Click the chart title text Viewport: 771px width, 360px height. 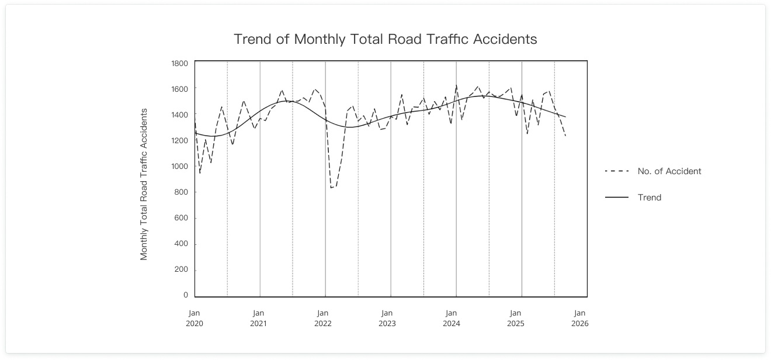pos(385,39)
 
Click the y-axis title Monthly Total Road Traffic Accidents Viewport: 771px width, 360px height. pos(144,184)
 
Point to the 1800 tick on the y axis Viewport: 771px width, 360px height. pos(179,63)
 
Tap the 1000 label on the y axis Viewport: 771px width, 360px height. pos(179,166)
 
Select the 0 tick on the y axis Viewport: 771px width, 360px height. pos(185,295)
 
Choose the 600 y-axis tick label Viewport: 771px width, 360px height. pos(181,218)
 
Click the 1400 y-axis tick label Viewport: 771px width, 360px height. pos(179,115)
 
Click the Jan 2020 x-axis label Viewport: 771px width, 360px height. pos(194,318)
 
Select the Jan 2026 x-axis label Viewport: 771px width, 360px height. pos(580,318)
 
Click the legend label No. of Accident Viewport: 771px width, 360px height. pos(669,171)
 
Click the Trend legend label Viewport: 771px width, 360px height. pos(650,198)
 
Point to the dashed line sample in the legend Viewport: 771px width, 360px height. pos(617,171)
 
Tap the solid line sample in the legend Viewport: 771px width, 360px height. pos(617,198)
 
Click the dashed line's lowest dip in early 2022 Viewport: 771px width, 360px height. pos(331,188)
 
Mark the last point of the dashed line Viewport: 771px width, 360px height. pos(565,136)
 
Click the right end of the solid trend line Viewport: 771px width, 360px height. pos(565,117)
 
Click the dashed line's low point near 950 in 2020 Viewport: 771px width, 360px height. pos(200,173)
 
